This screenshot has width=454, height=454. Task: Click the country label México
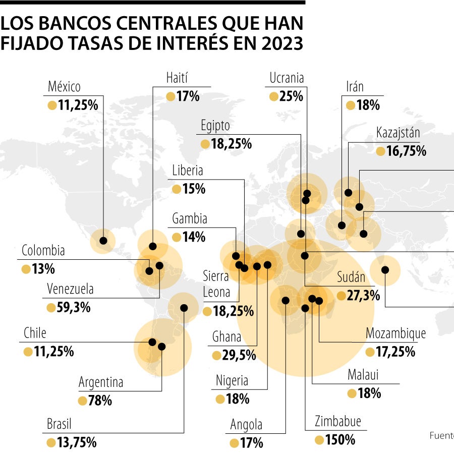click(64, 87)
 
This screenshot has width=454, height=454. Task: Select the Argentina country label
click(101, 382)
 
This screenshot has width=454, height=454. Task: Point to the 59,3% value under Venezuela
click(74, 307)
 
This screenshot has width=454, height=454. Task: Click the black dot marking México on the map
click(103, 241)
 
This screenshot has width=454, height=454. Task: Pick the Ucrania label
click(287, 78)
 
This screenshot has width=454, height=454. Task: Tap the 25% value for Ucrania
click(291, 96)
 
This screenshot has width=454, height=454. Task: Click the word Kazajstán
click(398, 133)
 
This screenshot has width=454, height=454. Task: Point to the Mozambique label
click(395, 333)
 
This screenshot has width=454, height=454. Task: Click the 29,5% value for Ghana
click(239, 355)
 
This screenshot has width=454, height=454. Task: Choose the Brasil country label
click(59, 424)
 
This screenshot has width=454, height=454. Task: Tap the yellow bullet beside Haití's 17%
click(171, 96)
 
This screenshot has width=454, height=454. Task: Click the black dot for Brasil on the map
click(184, 308)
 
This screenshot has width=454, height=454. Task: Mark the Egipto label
click(215, 126)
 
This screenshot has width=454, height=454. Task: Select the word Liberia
click(187, 171)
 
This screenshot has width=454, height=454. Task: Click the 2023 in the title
click(282, 44)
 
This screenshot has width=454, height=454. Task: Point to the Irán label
click(355, 87)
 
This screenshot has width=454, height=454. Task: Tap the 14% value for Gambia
click(194, 237)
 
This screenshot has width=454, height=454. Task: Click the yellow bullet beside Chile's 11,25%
click(28, 351)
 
